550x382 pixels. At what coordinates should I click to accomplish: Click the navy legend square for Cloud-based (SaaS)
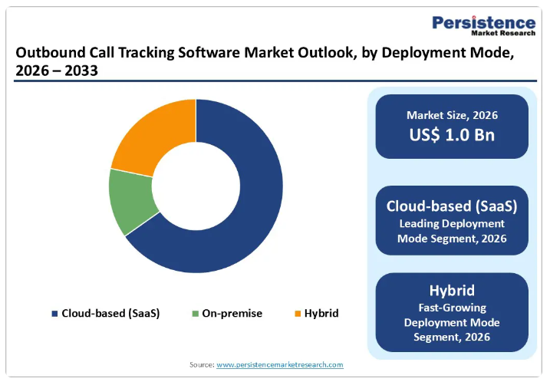tap(54, 314)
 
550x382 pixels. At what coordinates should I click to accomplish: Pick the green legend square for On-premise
tap(195, 314)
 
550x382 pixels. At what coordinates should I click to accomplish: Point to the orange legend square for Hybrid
tap(297, 314)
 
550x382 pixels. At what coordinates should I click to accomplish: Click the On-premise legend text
tap(232, 314)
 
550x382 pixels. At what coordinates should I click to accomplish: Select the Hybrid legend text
tap(321, 314)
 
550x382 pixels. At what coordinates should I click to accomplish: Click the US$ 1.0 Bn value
tap(452, 136)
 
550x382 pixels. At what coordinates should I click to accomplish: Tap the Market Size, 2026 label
tap(452, 116)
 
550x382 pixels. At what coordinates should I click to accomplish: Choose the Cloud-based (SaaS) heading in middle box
tap(452, 206)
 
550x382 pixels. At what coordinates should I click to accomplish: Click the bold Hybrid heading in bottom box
tap(452, 291)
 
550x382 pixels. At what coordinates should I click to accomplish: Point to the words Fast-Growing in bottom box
tap(452, 308)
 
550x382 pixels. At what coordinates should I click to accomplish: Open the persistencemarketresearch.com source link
tap(280, 365)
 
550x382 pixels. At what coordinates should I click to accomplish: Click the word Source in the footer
tap(201, 365)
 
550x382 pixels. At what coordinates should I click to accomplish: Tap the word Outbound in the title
tap(48, 53)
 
